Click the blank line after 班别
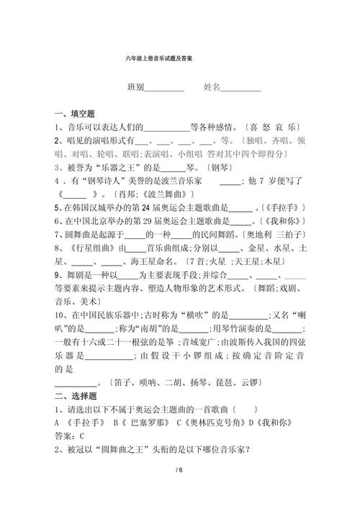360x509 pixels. (x=164, y=90)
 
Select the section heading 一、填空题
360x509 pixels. (x=80, y=113)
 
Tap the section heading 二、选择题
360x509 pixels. (x=80, y=396)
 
